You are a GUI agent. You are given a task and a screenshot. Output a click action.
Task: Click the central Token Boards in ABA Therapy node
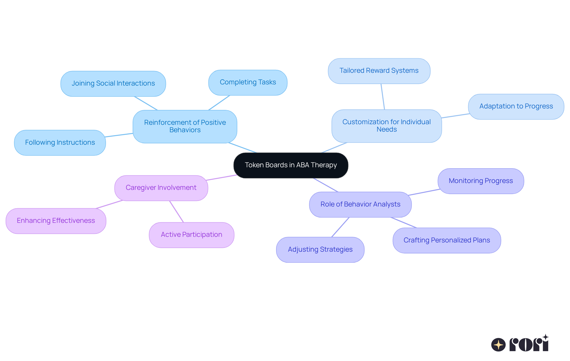click(291, 165)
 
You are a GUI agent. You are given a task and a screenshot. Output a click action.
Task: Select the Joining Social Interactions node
click(113, 83)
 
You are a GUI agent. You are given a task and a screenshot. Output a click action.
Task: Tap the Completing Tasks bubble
click(248, 82)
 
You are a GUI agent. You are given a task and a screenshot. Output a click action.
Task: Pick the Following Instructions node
click(60, 143)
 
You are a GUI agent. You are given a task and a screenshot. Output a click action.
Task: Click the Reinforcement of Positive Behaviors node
click(185, 126)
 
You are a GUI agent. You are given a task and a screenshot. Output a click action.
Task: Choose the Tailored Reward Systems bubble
click(379, 71)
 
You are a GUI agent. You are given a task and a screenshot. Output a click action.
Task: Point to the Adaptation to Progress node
click(516, 106)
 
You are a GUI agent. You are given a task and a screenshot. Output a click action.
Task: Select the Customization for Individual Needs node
click(386, 126)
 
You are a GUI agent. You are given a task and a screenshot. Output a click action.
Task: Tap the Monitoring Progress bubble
click(481, 181)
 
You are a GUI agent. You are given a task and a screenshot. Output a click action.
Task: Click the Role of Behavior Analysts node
click(360, 204)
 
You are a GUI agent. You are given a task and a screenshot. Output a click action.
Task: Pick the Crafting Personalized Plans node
click(446, 240)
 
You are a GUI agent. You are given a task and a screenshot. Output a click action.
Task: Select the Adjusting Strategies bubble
click(320, 250)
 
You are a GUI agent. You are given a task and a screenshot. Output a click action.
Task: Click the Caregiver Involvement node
click(161, 188)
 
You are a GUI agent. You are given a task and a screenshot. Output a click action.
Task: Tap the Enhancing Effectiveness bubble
click(56, 221)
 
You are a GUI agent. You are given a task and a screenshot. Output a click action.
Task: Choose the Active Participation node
click(191, 235)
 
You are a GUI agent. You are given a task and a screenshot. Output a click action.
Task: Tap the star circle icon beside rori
click(498, 345)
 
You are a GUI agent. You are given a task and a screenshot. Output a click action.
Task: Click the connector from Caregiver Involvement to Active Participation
click(176, 212)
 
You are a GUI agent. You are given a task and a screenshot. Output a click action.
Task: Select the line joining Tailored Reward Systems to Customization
click(383, 97)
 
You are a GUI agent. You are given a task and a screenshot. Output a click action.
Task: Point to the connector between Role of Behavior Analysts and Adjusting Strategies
click(340, 227)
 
